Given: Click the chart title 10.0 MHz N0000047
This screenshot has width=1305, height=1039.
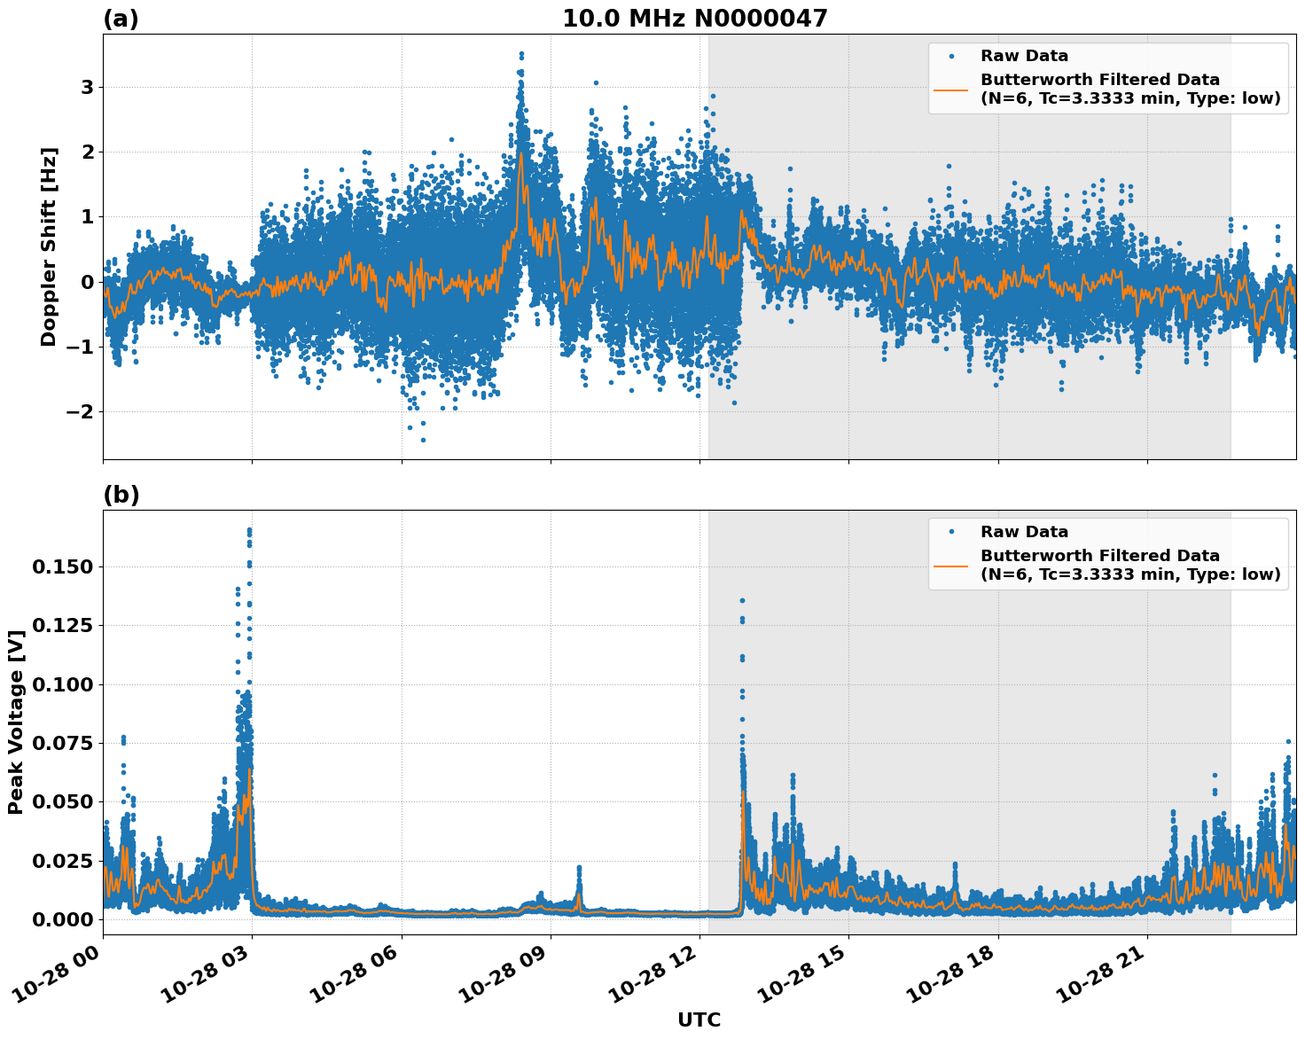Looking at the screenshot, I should [694, 19].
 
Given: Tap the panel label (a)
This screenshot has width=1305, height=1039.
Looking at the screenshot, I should [121, 19].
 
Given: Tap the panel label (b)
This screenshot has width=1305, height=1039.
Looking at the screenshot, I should [121, 495].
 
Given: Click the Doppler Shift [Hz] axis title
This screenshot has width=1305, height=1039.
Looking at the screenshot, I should [49, 246].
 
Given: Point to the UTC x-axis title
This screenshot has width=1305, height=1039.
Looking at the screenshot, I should [699, 1020].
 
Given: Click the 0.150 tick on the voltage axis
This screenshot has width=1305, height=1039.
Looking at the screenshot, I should [62, 566].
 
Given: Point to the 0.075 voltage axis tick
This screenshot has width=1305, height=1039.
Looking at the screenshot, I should [62, 743].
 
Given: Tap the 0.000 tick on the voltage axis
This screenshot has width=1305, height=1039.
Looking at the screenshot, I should [62, 919].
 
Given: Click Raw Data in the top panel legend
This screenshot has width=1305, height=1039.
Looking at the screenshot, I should [1024, 56].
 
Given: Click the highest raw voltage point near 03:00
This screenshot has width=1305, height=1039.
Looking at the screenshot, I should [249, 529].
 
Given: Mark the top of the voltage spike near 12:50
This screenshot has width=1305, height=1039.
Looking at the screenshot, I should [742, 600].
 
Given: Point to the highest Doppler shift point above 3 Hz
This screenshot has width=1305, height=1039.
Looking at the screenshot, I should [521, 54].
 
